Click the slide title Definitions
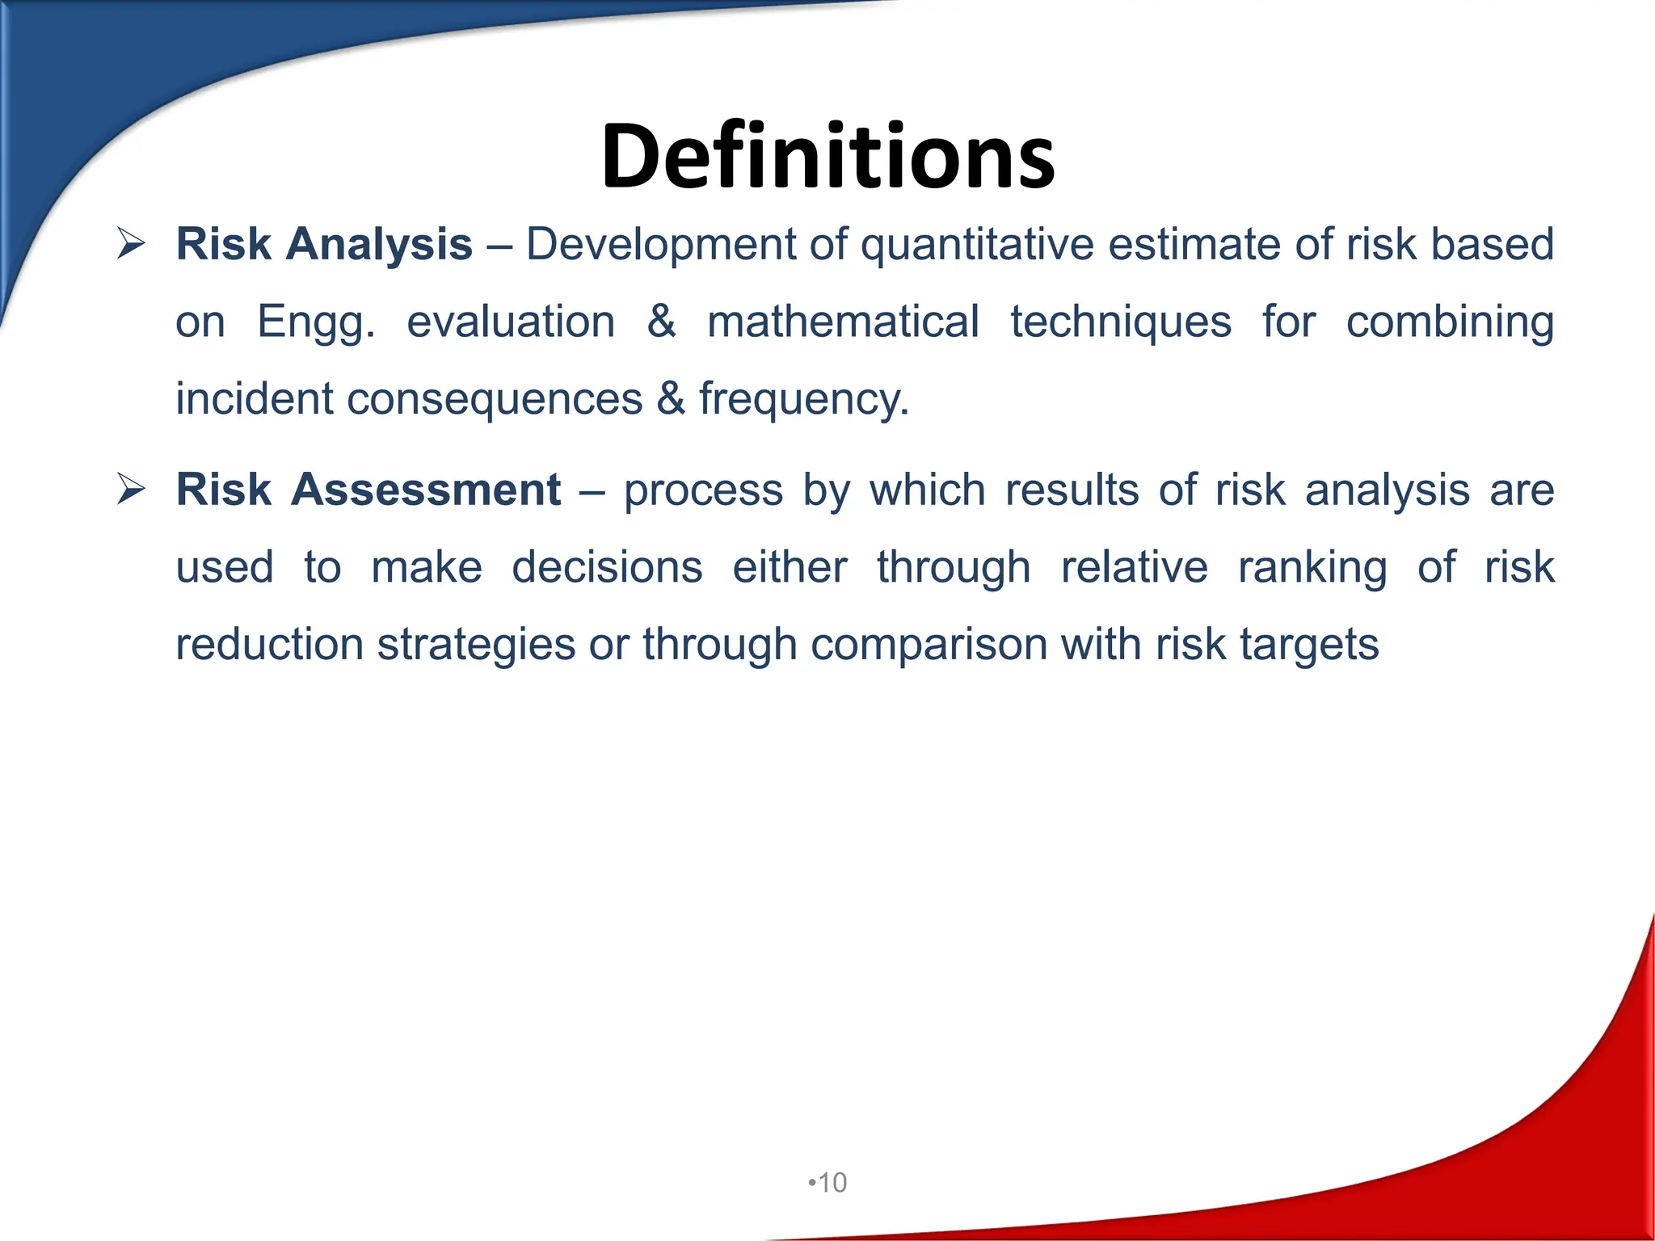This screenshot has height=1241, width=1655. pos(827,156)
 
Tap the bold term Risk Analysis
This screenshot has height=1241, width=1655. pos(324,244)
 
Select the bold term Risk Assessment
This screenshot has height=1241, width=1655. pos(368,490)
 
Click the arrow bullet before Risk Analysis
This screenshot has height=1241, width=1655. pos(131,243)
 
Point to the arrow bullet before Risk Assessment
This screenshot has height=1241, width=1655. pos(131,489)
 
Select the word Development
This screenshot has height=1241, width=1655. pos(661,244)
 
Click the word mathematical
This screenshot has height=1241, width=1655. pos(843,322)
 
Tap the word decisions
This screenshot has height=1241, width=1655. pos(607,567)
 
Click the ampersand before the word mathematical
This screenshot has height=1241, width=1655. pos(661,322)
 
